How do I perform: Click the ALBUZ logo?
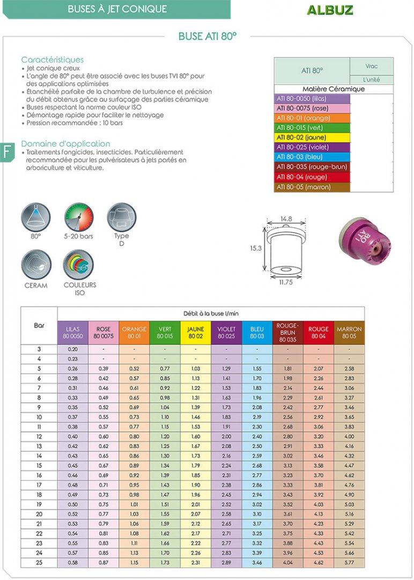pyautogui.click(x=330, y=10)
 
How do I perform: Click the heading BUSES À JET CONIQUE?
pyautogui.click(x=117, y=9)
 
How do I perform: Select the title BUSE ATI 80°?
pyautogui.click(x=208, y=37)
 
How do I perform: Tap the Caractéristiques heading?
pyautogui.click(x=53, y=60)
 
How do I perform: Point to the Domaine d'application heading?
pyautogui.click(x=65, y=143)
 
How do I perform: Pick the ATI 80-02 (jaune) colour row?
pyautogui.click(x=312, y=137)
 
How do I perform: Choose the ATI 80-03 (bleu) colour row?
pyautogui.click(x=312, y=157)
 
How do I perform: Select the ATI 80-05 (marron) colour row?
pyautogui.click(x=312, y=187)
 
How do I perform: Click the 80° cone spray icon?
pyautogui.click(x=36, y=217)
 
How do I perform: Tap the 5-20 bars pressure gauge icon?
pyautogui.click(x=79, y=217)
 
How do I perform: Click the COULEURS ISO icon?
pyautogui.click(x=79, y=265)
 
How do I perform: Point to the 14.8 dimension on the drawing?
pyautogui.click(x=286, y=219)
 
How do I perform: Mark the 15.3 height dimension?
pyautogui.click(x=256, y=249)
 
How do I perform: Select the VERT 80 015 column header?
pyautogui.click(x=165, y=332)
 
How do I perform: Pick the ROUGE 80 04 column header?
pyautogui.click(x=319, y=332)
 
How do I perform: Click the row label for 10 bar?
pyautogui.click(x=39, y=417)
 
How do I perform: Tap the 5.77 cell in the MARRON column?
pyautogui.click(x=349, y=563)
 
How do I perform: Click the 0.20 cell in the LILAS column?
pyautogui.click(x=73, y=349)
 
